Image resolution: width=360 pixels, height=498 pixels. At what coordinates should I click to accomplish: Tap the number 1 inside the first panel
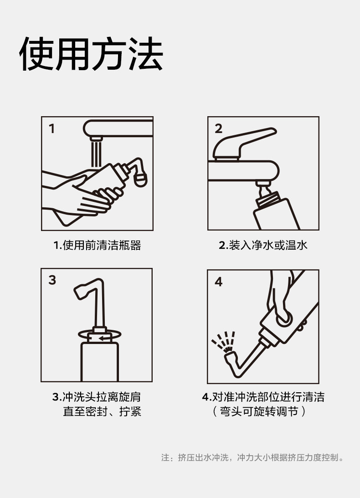click(x=52, y=128)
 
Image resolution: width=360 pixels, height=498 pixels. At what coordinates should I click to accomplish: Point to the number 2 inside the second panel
click(x=219, y=128)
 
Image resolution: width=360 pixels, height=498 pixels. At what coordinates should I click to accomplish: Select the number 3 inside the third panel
click(x=52, y=280)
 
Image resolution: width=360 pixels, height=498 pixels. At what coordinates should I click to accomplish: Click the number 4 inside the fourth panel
click(x=219, y=282)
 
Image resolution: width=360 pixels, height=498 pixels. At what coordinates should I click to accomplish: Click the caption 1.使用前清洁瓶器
click(x=97, y=245)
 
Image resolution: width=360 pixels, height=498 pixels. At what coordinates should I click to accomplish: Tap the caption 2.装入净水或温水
click(x=263, y=245)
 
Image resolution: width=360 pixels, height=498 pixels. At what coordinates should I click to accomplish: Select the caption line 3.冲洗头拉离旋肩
click(x=96, y=397)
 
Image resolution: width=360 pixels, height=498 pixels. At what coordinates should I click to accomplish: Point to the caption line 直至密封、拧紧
click(x=102, y=411)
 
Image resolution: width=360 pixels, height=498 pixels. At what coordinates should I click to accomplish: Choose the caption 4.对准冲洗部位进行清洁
click(x=263, y=397)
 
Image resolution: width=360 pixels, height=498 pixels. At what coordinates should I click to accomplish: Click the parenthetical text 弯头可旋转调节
click(x=259, y=411)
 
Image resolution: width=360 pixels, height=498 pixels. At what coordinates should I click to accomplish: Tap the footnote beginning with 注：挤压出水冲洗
click(x=252, y=457)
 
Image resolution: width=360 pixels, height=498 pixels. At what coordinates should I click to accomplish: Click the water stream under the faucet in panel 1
click(x=96, y=154)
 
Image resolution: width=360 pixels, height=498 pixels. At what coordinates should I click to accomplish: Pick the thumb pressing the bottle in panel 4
click(x=283, y=317)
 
